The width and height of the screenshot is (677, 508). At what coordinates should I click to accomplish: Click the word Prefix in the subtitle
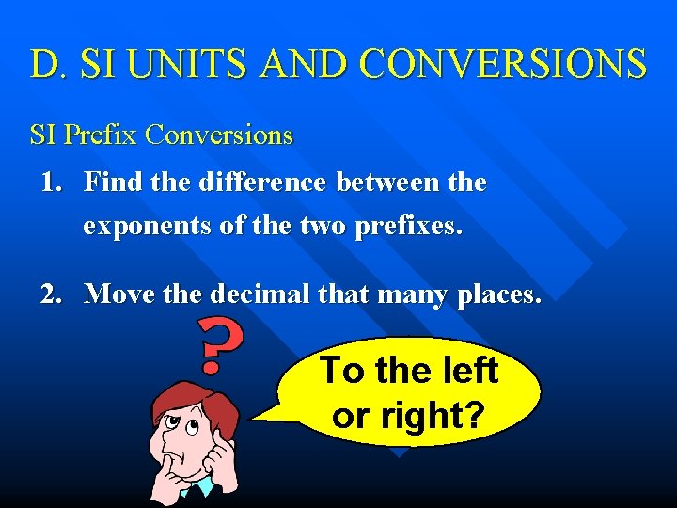[x=102, y=135]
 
